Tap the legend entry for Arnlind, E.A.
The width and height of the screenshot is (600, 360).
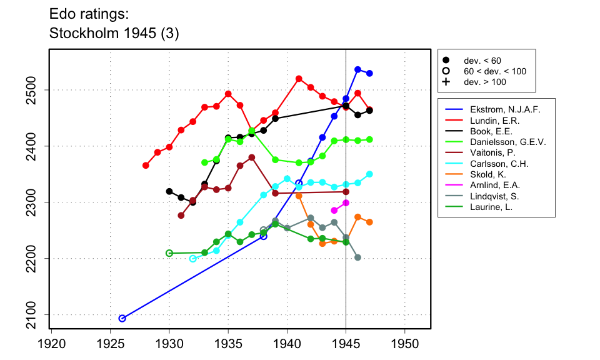point(492,185)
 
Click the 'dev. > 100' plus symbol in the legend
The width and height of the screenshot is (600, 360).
point(446,82)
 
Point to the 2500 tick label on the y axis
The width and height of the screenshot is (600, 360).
point(33,90)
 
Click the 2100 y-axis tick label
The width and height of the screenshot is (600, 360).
point(33,314)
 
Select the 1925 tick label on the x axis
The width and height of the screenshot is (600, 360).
point(111,343)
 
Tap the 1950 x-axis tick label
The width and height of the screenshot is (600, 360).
point(405,343)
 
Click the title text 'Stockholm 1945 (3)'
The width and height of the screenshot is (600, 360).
point(114,34)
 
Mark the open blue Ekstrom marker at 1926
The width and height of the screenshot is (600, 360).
point(122,318)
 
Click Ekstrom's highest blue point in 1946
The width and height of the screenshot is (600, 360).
point(357,69)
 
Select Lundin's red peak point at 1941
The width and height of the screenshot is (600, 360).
point(299,79)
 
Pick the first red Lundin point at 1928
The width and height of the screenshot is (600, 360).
point(146,166)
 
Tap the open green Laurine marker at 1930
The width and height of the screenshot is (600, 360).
point(169,253)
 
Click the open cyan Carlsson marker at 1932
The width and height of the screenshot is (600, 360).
point(192,259)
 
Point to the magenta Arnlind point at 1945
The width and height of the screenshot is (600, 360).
point(346,202)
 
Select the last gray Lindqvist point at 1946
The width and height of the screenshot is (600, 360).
point(357,257)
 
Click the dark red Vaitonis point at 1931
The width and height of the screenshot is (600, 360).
point(181,216)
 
